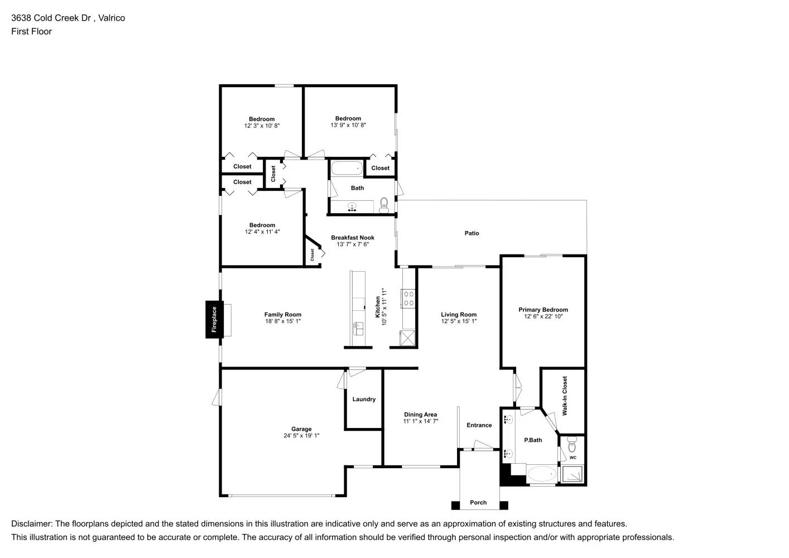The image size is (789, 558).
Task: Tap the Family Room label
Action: tap(282, 315)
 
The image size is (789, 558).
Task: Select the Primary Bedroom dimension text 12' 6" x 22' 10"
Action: tap(543, 317)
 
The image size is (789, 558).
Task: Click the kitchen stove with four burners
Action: tap(408, 298)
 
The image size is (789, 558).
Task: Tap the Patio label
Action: tap(472, 233)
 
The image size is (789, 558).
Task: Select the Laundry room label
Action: tap(364, 400)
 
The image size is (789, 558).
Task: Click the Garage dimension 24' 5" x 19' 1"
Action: tap(301, 436)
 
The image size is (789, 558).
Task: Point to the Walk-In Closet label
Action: tap(565, 396)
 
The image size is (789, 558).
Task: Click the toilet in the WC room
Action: tap(571, 446)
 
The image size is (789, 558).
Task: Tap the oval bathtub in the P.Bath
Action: tap(542, 475)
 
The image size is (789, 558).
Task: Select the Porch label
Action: tap(478, 503)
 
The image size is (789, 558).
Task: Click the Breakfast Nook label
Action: tap(353, 238)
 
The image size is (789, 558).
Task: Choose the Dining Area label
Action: tap(420, 415)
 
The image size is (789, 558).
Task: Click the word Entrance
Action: tap(479, 425)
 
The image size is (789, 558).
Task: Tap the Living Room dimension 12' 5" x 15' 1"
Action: tap(459, 321)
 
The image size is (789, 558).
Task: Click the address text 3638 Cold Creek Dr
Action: tap(51, 18)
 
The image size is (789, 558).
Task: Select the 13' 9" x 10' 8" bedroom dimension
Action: tap(348, 126)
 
